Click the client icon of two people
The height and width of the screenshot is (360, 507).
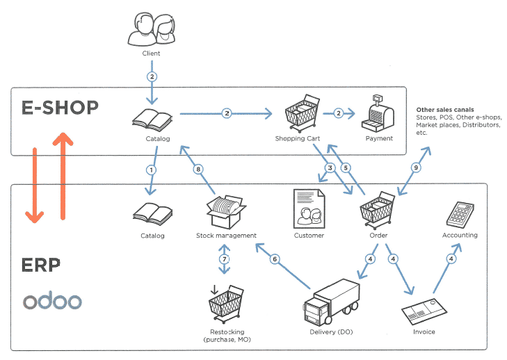[x=151, y=29]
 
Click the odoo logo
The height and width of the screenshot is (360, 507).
[x=52, y=301]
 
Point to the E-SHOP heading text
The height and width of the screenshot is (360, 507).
[x=60, y=107]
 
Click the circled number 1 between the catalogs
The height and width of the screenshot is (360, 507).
[x=151, y=169]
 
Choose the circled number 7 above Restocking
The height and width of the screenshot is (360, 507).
[x=224, y=259]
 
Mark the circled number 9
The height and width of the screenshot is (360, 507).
[x=416, y=167]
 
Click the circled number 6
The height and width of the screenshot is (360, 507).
[x=275, y=259]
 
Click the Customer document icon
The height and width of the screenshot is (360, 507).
[x=309, y=208]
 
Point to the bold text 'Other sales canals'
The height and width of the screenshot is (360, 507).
[x=445, y=110]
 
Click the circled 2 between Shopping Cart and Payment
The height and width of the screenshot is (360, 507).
[x=338, y=113]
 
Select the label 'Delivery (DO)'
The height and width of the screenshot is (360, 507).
[x=331, y=332]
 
